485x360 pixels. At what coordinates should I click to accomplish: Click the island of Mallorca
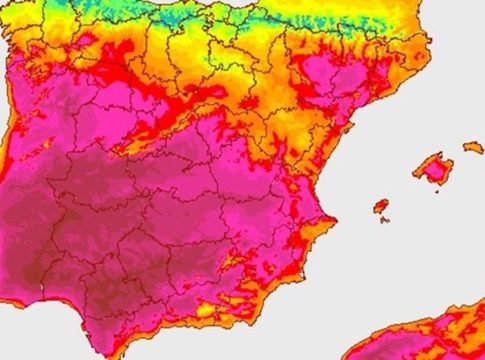point(433,171)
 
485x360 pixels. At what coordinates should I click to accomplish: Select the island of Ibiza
point(381,206)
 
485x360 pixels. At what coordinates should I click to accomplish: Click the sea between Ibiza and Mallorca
point(405,190)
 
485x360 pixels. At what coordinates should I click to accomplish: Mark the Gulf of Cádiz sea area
point(50,335)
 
